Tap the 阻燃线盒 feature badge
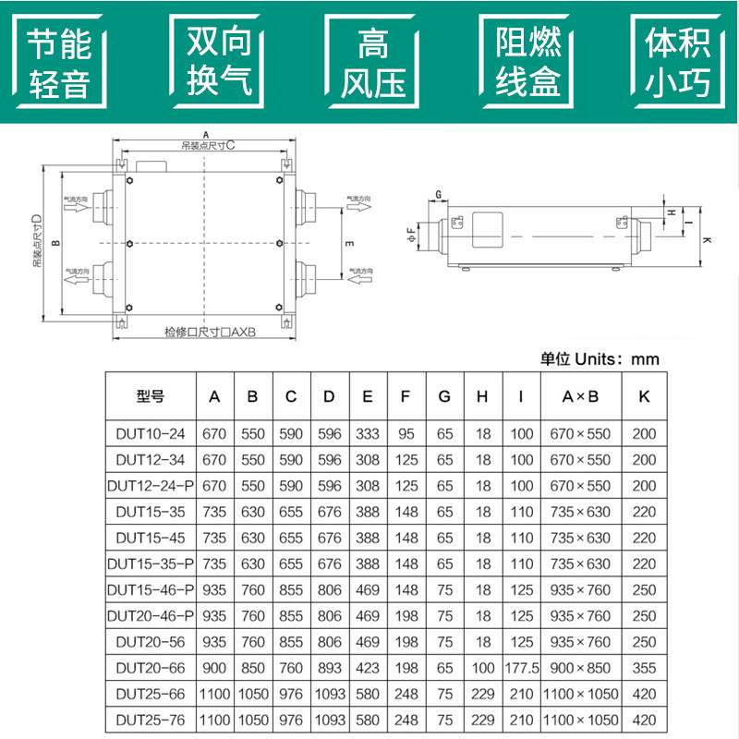point(528,64)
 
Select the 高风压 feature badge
point(373,64)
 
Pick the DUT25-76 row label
point(151,719)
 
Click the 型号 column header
point(151,397)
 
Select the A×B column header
point(580,397)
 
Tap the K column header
point(644,397)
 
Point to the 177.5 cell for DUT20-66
point(521,667)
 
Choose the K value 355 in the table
point(644,667)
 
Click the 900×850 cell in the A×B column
point(580,667)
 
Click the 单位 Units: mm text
point(600,359)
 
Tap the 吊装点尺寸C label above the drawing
point(208,145)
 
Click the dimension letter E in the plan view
point(347,244)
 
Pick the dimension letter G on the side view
point(440,194)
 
